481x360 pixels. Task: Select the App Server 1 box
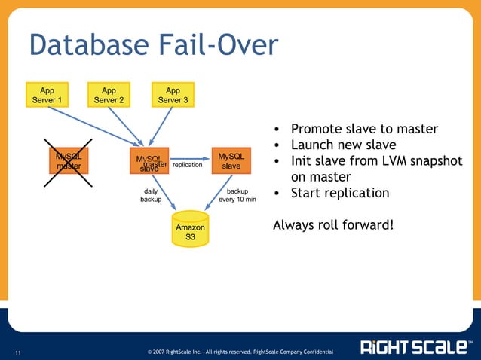click(x=47, y=94)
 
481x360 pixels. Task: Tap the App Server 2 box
click(x=109, y=94)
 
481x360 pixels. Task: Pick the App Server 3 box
click(x=173, y=94)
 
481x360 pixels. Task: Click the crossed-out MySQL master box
click(x=69, y=160)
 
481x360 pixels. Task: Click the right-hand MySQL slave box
click(x=231, y=160)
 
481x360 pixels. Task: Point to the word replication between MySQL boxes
click(x=188, y=164)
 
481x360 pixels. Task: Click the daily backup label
click(x=150, y=196)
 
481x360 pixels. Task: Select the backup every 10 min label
click(x=237, y=196)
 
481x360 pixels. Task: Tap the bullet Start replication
click(x=340, y=193)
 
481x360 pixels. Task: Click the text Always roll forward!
click(x=332, y=224)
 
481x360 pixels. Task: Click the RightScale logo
click(x=415, y=346)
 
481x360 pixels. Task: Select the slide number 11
click(x=18, y=351)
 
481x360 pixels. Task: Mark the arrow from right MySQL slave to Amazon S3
click(x=216, y=194)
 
